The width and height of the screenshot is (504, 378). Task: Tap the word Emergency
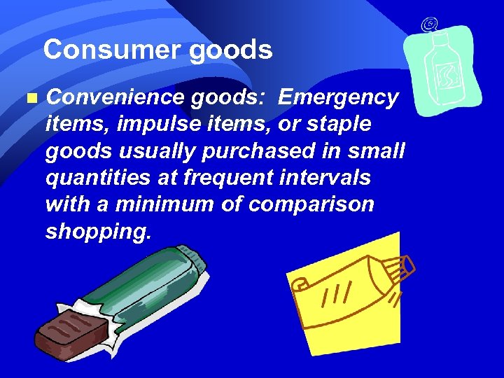(338, 97)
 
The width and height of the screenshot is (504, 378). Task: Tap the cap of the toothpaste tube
(403, 269)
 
